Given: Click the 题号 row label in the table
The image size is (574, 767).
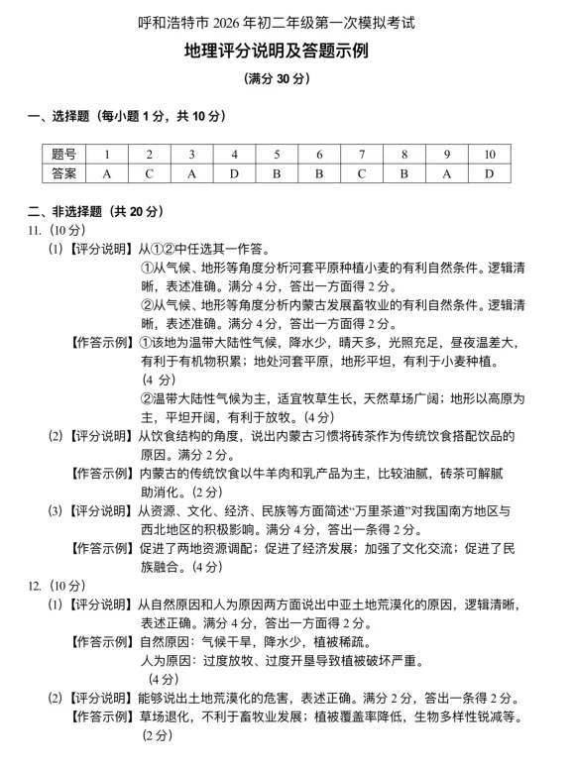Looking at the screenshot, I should click(x=64, y=155).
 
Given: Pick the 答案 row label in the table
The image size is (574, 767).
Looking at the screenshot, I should click(x=64, y=174).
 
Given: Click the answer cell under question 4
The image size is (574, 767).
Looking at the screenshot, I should click(x=234, y=174).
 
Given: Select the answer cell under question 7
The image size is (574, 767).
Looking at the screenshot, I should click(x=363, y=174).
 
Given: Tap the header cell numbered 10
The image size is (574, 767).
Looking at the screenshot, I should click(x=490, y=155).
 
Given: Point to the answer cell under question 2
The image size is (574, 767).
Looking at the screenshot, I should click(x=149, y=174).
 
